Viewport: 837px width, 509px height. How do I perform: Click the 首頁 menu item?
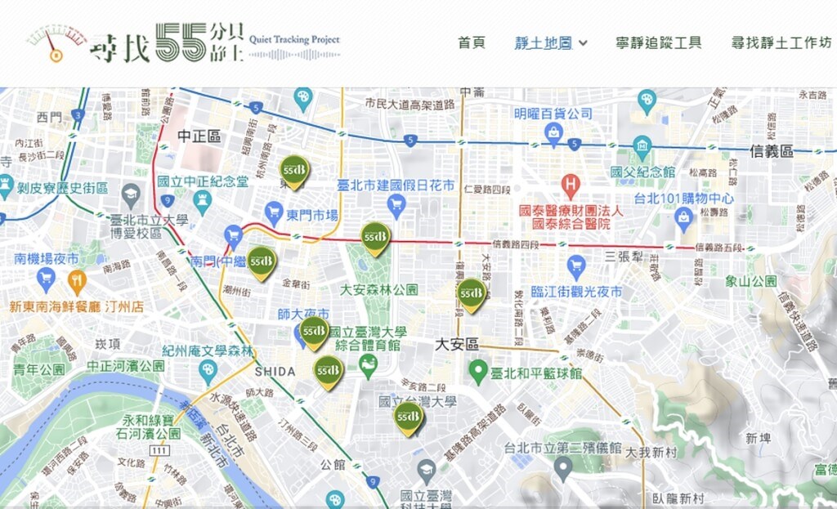click(x=472, y=42)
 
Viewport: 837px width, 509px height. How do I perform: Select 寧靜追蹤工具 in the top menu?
click(x=658, y=42)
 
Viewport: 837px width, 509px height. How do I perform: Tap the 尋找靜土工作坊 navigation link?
click(x=781, y=42)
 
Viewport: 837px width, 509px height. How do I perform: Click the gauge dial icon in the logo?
click(x=54, y=44)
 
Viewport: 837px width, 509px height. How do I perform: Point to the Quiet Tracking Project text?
click(x=294, y=38)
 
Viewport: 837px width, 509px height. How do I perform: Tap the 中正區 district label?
click(x=199, y=136)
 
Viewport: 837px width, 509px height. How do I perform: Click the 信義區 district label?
click(x=772, y=151)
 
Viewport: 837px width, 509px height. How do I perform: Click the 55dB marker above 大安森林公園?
click(x=375, y=238)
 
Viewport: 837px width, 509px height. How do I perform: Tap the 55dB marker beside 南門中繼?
click(x=262, y=262)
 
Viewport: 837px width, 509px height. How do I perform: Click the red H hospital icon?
click(x=571, y=185)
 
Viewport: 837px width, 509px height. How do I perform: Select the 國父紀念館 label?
click(x=642, y=172)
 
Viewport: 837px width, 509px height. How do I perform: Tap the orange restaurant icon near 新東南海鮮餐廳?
click(x=77, y=282)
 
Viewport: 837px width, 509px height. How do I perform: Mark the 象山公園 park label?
click(x=750, y=281)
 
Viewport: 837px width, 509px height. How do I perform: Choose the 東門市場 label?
click(x=311, y=215)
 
